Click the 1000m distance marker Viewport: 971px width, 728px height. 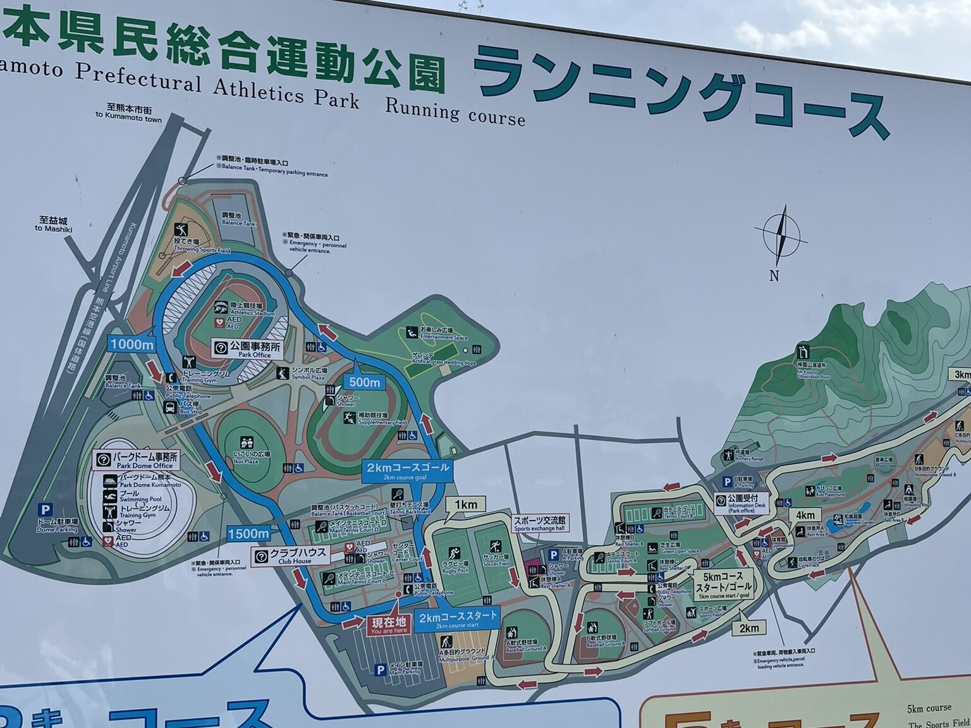click(x=131, y=344)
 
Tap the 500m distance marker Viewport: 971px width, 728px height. click(x=365, y=382)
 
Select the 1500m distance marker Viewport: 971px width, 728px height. click(x=248, y=533)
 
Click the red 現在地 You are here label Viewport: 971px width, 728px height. click(x=389, y=625)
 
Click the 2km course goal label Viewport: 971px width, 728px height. click(x=407, y=470)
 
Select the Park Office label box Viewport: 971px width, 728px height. click(x=248, y=349)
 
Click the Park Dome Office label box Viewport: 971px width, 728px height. click(x=137, y=459)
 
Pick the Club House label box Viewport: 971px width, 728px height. click(x=290, y=555)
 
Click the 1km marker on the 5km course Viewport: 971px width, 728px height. click(x=465, y=504)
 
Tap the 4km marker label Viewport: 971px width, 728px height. click(x=805, y=515)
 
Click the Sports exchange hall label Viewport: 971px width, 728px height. click(x=539, y=524)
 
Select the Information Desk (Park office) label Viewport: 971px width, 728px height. click(x=742, y=503)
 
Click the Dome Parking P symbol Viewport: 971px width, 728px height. click(x=46, y=509)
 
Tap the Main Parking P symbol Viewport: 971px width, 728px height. click(x=381, y=670)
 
